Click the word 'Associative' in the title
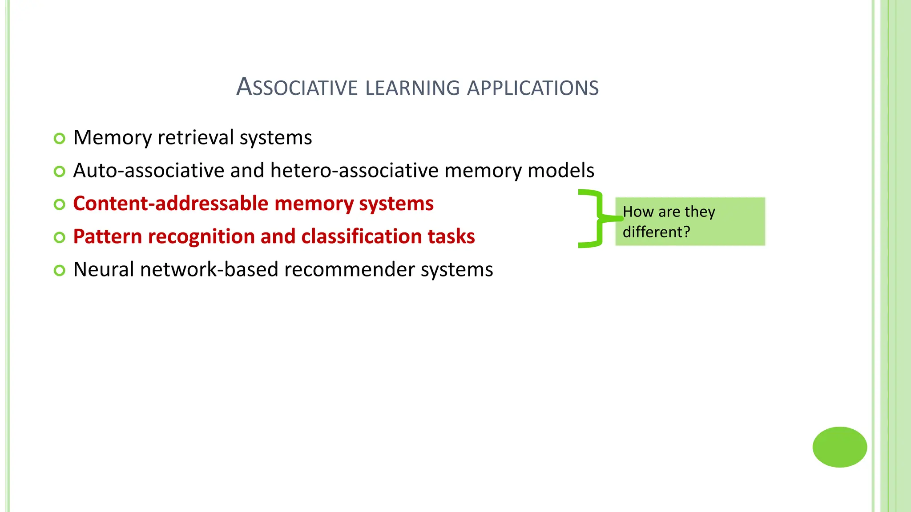pos(297,87)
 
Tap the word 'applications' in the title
pos(533,88)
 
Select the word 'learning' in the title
pos(412,88)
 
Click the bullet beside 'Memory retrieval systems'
pos(59,138)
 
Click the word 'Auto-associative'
pos(149,171)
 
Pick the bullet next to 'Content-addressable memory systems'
pos(59,204)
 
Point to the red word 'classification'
pos(361,236)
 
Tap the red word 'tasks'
pos(451,236)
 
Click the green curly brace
pos(595,219)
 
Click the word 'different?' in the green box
pos(656,232)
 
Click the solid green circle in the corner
pos(839,447)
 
